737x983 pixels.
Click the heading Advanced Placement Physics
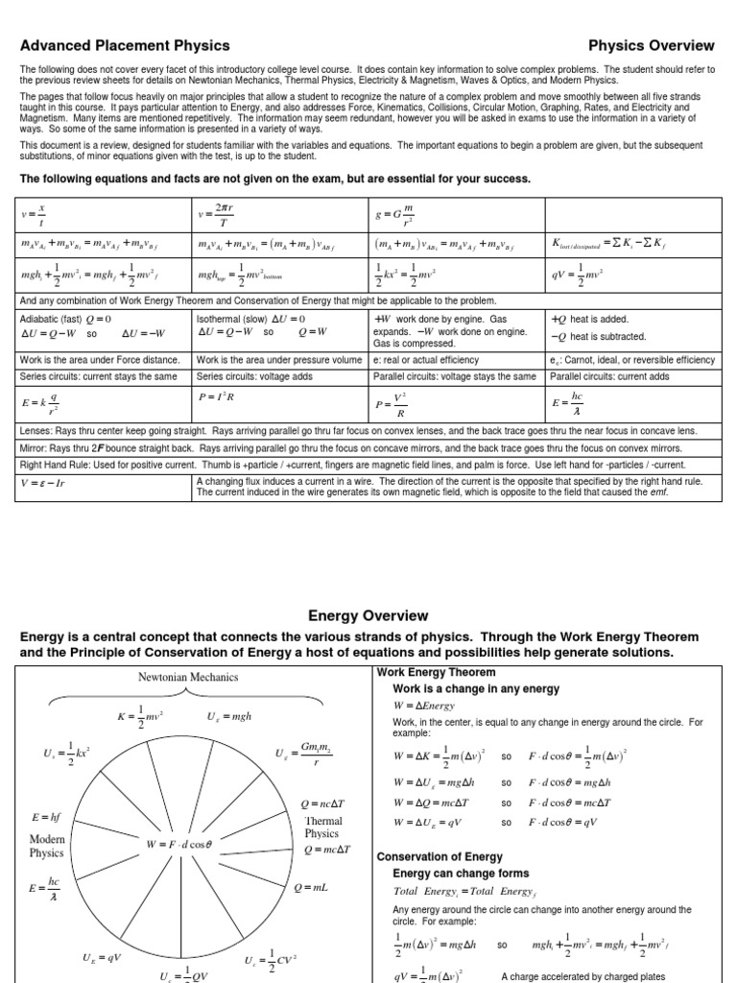pos(125,45)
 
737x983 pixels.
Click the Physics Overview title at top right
pos(651,45)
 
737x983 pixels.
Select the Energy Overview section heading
pos(368,615)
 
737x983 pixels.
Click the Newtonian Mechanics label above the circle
pos(189,677)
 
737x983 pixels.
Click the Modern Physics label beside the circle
pos(47,845)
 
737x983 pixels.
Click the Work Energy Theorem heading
pos(436,672)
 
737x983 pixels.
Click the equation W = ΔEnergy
pos(431,706)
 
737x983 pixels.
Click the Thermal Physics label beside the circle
pos(322,827)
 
